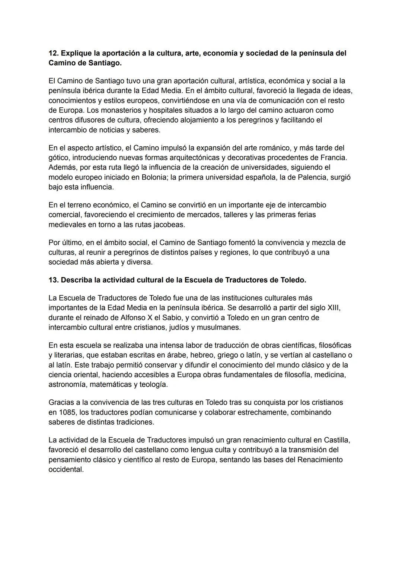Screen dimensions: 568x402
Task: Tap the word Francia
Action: click(x=333, y=158)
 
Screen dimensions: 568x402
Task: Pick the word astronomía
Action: click(x=68, y=384)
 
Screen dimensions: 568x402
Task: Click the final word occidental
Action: click(x=66, y=469)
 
